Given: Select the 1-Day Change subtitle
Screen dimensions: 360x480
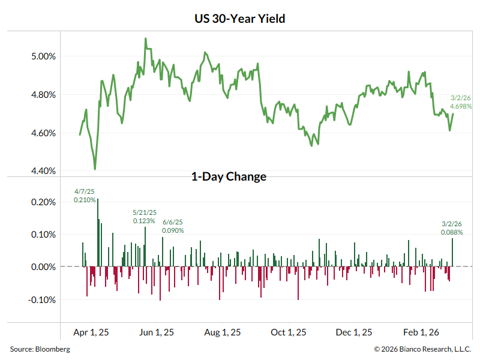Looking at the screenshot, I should [229, 176].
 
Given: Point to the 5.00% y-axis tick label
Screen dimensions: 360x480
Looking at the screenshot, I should [43, 56].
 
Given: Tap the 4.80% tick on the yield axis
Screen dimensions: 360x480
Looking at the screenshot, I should [43, 95].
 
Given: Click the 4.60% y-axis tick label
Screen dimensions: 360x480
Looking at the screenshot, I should [43, 133].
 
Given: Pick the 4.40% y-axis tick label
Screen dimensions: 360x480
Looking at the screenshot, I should [43, 171].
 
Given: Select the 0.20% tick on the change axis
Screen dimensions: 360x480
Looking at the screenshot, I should [43, 202].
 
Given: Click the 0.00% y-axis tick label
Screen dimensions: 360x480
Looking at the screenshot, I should [43, 267].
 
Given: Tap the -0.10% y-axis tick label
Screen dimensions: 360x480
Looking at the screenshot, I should [41, 299].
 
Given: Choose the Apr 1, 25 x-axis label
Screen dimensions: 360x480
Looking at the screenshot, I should [91, 332].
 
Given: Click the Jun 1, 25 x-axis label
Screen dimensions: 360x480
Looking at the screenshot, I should [157, 332].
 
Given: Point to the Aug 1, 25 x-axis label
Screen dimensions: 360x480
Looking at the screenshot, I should [223, 332].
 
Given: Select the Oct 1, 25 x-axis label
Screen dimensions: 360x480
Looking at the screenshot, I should [289, 332].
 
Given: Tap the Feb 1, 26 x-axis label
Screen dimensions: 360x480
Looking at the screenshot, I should [421, 332].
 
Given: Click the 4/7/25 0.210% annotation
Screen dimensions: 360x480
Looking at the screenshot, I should [85, 196].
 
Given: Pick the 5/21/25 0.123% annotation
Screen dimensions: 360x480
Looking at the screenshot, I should [144, 217].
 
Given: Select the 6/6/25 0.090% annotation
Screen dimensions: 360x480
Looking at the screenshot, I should [173, 226].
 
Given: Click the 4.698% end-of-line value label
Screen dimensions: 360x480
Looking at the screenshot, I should [461, 106].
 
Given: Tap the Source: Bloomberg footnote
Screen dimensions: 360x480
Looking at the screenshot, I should [40, 349].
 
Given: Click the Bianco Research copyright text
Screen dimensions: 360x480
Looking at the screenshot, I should [422, 349].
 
